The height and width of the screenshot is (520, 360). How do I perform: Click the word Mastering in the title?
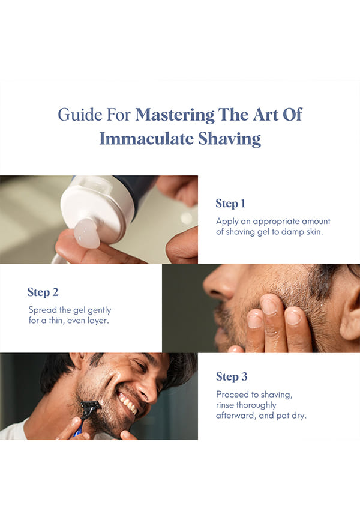175,115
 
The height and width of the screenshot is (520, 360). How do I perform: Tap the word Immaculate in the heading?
146,139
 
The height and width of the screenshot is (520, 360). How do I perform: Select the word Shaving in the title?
229,139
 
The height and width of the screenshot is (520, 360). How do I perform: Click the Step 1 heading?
230,204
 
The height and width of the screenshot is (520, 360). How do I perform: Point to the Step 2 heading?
43,292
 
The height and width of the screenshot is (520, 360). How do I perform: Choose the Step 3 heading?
232,376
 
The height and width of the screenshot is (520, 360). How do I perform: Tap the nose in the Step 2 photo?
220,282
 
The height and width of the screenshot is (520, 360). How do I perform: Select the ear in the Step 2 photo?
350,313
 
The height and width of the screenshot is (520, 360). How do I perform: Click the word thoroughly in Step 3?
246,405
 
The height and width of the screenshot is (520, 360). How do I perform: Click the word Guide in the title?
80,115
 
